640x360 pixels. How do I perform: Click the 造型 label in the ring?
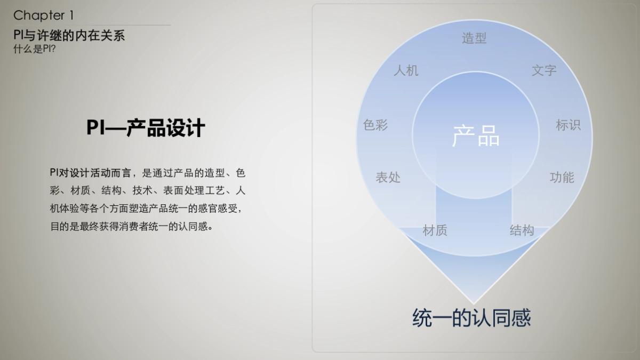pos(474,38)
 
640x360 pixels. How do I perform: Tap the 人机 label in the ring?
pos(406,70)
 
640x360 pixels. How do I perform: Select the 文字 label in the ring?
pos(544,70)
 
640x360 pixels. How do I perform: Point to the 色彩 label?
pos(375,125)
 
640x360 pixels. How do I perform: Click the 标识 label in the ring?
pos(568,125)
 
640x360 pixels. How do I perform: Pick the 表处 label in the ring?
pos(388,178)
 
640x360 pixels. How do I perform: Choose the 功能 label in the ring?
pos(562,178)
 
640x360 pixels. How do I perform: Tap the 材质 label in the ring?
pos(435,230)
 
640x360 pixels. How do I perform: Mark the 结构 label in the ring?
pos(522,230)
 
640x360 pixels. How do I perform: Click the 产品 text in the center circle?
pos(476,137)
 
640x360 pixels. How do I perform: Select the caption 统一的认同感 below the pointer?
pos(471,318)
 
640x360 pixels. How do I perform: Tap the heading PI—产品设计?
pos(146,129)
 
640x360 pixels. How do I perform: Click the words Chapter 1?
pos(43,15)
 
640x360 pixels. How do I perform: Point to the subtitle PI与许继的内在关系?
pos(69,36)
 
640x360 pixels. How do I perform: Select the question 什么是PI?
pos(35,49)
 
